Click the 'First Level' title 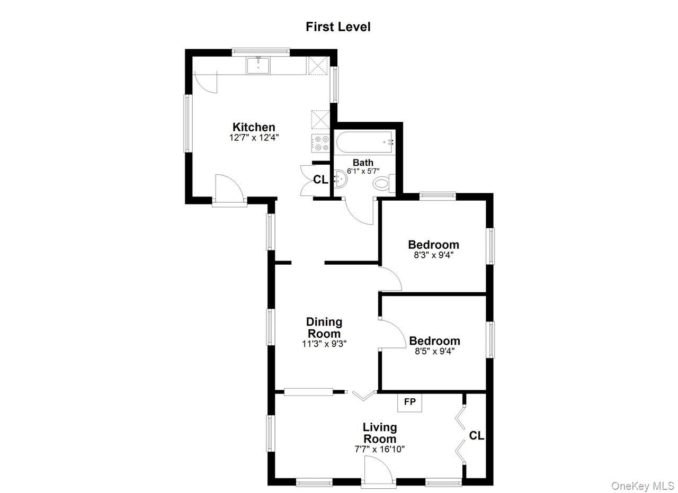click(x=338, y=27)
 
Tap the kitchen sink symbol click(x=258, y=66)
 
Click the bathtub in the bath click(x=364, y=142)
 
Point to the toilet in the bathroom click(x=382, y=183)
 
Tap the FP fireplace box click(x=409, y=402)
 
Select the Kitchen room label click(x=254, y=127)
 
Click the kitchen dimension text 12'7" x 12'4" click(x=254, y=137)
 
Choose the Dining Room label click(x=324, y=328)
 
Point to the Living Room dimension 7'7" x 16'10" click(x=380, y=449)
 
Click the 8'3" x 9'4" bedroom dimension click(x=433, y=255)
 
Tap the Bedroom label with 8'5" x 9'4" click(x=434, y=340)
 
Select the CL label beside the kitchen click(x=320, y=180)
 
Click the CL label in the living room click(x=477, y=436)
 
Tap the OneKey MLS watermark click(x=643, y=486)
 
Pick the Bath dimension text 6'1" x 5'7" click(x=363, y=171)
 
